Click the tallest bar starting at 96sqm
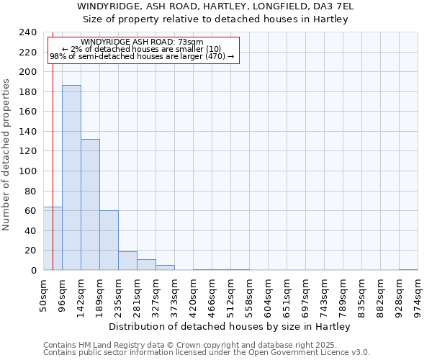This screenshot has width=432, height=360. click(71, 178)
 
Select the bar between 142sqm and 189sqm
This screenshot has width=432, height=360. click(90, 204)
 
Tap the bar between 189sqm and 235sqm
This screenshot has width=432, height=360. click(109, 240)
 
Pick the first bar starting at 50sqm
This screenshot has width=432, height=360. click(53, 238)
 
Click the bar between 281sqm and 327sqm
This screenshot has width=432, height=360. click(146, 265)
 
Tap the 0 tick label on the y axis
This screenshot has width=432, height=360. click(34, 271)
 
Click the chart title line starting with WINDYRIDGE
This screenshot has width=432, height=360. click(215, 6)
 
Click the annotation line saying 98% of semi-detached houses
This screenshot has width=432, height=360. click(142, 56)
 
